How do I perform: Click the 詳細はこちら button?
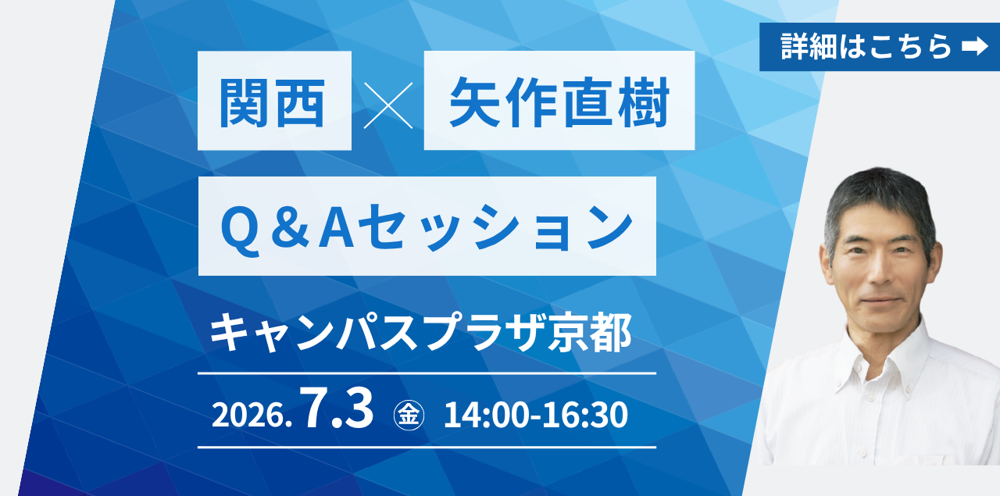click(880, 47)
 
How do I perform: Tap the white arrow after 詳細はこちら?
click(974, 46)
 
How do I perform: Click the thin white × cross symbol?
click(388, 105)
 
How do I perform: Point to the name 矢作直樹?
click(559, 102)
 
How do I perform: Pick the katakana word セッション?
click(495, 227)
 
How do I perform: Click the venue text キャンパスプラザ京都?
click(420, 333)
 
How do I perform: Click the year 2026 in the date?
click(248, 416)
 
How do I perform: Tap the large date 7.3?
click(337, 408)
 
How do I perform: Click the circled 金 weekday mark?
click(409, 416)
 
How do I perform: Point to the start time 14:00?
click(485, 416)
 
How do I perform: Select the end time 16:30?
click(586, 416)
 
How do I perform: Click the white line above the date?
click(427, 373)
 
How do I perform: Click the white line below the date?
click(427, 447)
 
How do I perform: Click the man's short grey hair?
click(880, 196)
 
